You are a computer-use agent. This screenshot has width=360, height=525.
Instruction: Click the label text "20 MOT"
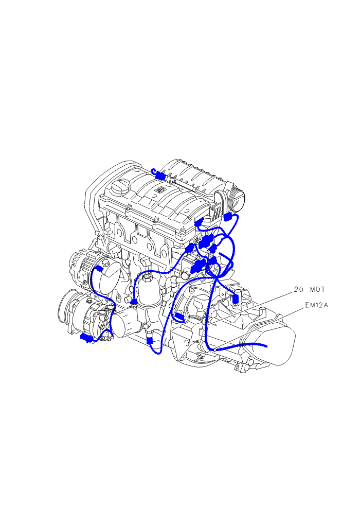pyautogui.click(x=309, y=289)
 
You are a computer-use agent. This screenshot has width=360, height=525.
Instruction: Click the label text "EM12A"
pyautogui.click(x=316, y=305)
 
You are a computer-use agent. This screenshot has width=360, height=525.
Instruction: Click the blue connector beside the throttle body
pyautogui.click(x=228, y=217)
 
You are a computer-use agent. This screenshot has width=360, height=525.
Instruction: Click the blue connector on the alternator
pyautogui.click(x=99, y=269)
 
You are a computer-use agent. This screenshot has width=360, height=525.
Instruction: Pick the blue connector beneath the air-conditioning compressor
pyautogui.click(x=86, y=338)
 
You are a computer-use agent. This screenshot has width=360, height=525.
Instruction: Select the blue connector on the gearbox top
pyautogui.click(x=236, y=299)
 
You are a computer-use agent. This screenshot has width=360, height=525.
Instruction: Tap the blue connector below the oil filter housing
pyautogui.click(x=150, y=340)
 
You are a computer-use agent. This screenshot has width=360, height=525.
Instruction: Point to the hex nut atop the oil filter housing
pyautogui.click(x=147, y=277)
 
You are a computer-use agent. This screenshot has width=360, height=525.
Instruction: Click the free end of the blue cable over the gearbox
pyautogui.click(x=266, y=347)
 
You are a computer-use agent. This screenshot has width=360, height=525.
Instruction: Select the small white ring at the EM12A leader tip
pyautogui.click(x=213, y=349)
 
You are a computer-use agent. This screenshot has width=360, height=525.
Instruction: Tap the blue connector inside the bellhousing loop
pyautogui.click(x=179, y=316)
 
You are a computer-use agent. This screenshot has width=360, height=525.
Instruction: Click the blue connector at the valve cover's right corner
pyautogui.click(x=200, y=222)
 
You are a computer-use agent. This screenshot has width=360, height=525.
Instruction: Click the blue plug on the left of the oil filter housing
pyautogui.click(x=134, y=302)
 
